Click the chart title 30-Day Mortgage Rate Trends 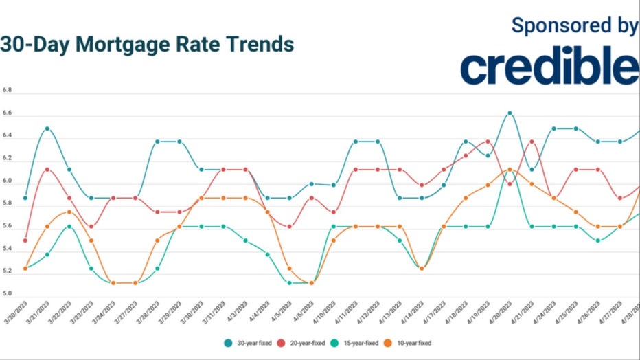(148, 44)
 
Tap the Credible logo (549, 67)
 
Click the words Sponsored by (575, 25)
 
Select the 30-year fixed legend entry (245, 342)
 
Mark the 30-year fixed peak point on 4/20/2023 (510, 113)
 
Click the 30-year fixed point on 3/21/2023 (47, 128)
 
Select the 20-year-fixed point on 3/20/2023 (25, 240)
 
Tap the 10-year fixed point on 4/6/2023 (312, 282)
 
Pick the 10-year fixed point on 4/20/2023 (510, 169)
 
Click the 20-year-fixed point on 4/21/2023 (532, 142)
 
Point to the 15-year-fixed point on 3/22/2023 (69, 226)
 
